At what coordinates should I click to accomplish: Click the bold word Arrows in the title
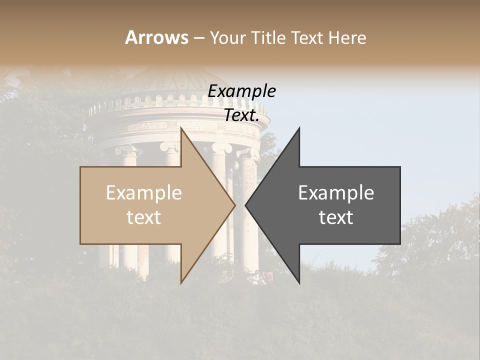[156, 37]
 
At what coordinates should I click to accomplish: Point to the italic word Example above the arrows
[241, 91]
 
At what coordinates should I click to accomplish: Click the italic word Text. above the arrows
[241, 115]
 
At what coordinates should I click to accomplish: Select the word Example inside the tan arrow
[144, 193]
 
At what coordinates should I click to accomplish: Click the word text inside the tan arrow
[144, 217]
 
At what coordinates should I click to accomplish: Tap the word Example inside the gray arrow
[336, 193]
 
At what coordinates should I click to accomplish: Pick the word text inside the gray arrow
[336, 217]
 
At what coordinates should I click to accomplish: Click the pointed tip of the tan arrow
[234, 205]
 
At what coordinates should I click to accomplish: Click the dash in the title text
[198, 38]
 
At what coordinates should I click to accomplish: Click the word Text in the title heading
[307, 38]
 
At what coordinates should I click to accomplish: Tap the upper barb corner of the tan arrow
[181, 128]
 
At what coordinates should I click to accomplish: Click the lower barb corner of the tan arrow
[181, 282]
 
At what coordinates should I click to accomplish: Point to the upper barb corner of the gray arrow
[299, 128]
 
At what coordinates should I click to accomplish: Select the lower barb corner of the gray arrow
[299, 282]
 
